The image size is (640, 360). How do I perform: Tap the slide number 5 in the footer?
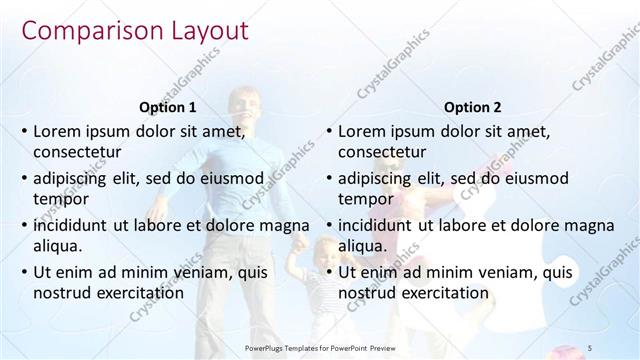[x=590, y=346]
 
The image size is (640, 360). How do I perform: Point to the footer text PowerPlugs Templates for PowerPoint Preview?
[x=319, y=346]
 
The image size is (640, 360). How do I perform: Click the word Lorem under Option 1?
[x=56, y=131]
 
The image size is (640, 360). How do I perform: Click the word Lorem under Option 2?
[x=361, y=131]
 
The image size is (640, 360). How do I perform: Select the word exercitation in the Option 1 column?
[x=139, y=293]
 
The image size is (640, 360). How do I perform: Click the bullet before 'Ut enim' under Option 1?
[x=23, y=271]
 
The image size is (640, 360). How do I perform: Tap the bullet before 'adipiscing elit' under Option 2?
[x=328, y=178]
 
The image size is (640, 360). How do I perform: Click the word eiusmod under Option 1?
[x=230, y=178]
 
